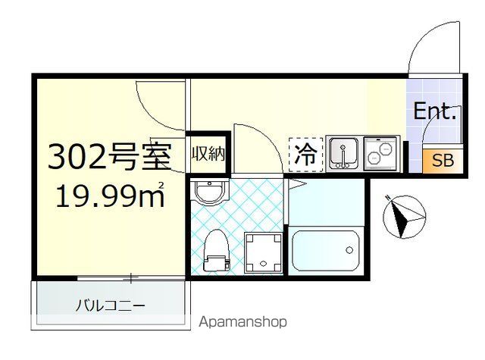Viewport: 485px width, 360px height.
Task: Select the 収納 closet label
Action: pos(208,155)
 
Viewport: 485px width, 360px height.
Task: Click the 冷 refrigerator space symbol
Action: pos(305,155)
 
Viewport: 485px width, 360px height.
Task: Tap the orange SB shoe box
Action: pos(443,161)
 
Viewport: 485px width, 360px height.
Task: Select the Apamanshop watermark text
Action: pos(242,322)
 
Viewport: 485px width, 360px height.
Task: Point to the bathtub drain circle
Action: pos(349,249)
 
